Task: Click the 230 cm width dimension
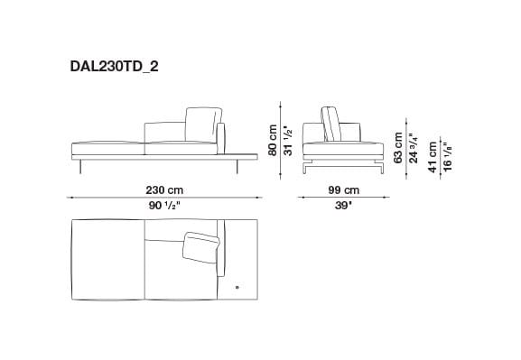tap(164, 190)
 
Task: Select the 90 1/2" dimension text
tap(164, 205)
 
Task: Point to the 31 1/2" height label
tap(288, 138)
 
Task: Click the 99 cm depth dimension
tap(344, 190)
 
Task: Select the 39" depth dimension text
tap(344, 205)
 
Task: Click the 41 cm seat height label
tap(432, 155)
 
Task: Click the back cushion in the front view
tap(203, 125)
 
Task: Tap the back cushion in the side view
tap(330, 124)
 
